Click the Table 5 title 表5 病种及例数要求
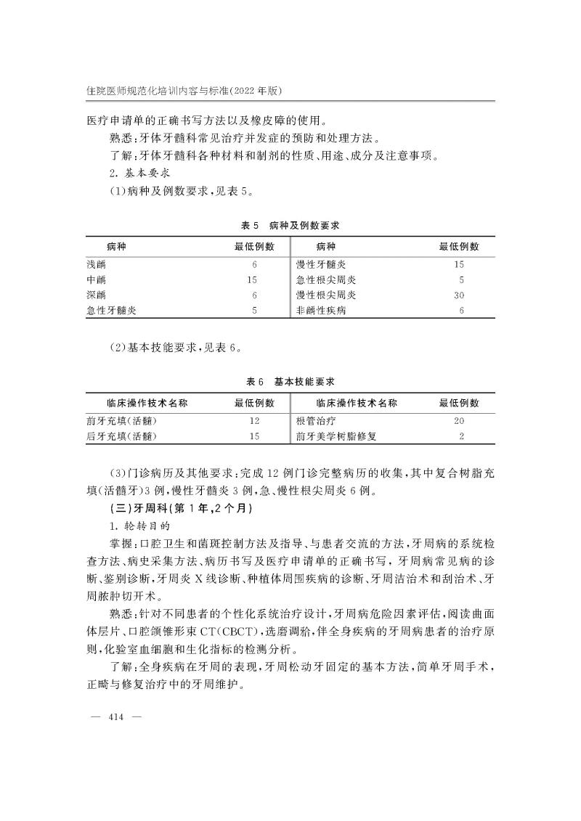click(x=290, y=226)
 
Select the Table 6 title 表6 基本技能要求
click(x=290, y=381)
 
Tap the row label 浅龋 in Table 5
click(x=96, y=265)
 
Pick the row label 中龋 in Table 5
click(x=96, y=280)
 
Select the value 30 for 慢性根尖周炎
click(x=459, y=295)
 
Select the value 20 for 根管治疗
click(x=459, y=421)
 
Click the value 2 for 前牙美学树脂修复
click(x=461, y=436)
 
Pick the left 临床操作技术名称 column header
click(x=147, y=403)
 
